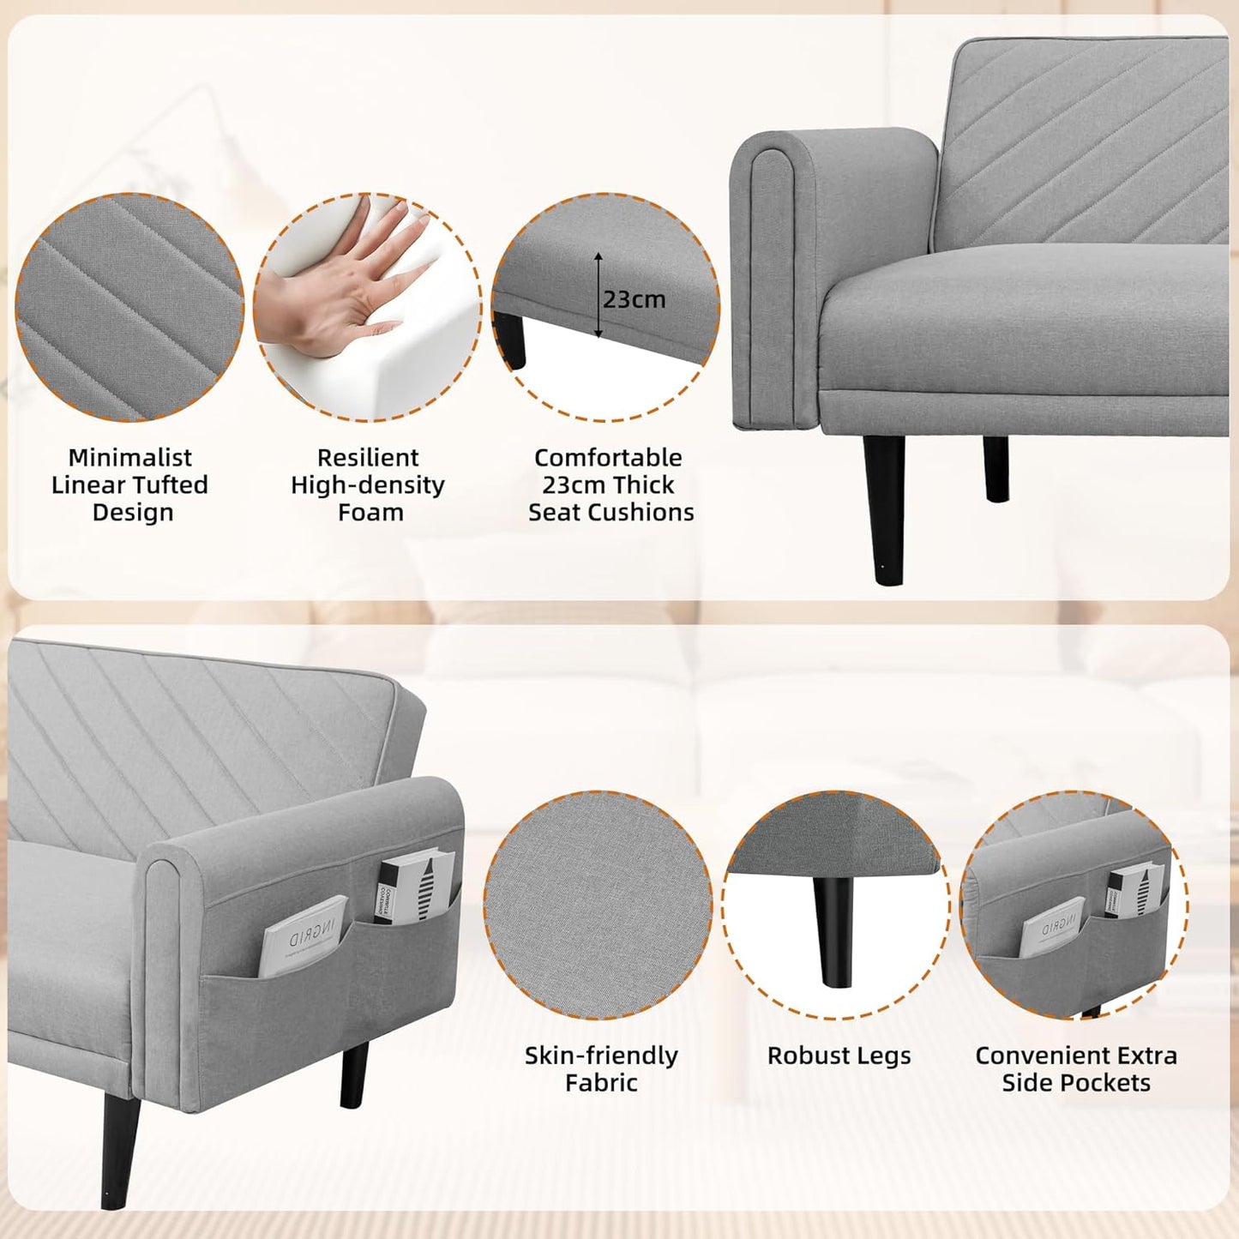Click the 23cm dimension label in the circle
[634, 299]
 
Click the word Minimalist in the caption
[130, 458]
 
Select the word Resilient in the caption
[368, 458]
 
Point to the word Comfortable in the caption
[608, 458]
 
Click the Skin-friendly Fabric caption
[601, 1068]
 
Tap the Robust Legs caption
[839, 1056]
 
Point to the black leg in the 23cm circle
[512, 340]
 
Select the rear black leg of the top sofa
[995, 468]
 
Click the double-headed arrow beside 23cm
[598, 295]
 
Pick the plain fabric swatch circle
[598, 905]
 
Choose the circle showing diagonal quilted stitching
[129, 307]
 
